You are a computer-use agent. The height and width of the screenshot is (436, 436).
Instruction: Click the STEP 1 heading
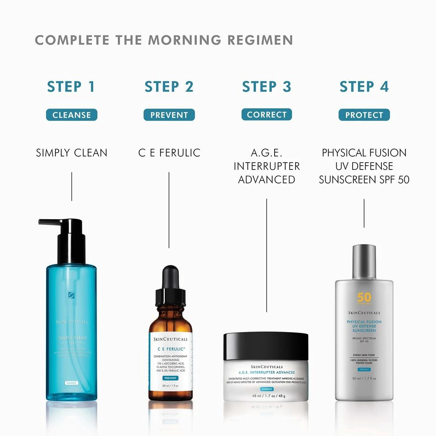[71, 86]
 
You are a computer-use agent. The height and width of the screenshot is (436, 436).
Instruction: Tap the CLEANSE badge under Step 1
[72, 115]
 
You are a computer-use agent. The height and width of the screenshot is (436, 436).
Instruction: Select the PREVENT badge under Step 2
[169, 115]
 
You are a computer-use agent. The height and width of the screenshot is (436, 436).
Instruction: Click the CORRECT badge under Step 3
[267, 115]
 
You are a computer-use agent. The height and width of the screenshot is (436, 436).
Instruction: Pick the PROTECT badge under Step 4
[364, 115]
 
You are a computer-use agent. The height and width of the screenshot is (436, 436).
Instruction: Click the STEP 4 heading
[364, 86]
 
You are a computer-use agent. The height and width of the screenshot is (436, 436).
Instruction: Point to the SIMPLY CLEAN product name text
[72, 153]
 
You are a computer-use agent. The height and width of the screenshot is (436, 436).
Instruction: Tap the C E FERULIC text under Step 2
[169, 153]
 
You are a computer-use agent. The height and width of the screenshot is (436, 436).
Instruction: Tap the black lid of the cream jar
[266, 345]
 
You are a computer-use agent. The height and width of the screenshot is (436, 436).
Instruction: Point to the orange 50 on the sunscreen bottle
[364, 297]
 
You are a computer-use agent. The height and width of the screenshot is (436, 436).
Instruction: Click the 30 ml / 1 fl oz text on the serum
[170, 386]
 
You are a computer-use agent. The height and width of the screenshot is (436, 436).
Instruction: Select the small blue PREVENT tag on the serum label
[170, 378]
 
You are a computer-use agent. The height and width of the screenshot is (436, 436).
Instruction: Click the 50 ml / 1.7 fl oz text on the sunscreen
[364, 378]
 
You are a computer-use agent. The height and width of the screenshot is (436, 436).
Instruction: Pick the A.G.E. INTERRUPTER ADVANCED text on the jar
[267, 373]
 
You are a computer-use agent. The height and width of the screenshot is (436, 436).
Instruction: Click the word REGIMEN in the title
[260, 40]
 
